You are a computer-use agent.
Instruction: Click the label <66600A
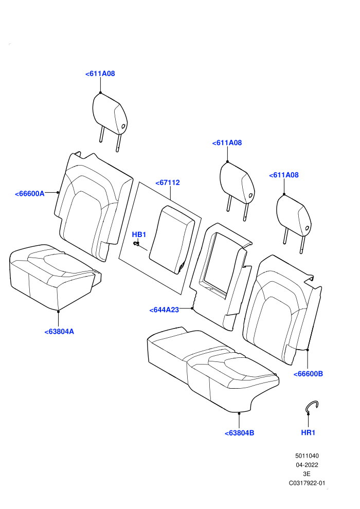29,193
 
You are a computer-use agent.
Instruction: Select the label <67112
168,183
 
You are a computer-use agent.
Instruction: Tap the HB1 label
139,234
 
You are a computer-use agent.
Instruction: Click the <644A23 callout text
164,310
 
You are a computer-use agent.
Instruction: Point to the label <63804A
59,332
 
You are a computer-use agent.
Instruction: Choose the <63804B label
240,433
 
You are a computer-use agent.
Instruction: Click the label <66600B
308,374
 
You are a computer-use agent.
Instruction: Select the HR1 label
308,432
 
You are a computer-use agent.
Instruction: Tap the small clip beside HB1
136,243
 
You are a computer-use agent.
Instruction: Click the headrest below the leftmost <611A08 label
110,121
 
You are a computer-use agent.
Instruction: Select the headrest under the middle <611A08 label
237,190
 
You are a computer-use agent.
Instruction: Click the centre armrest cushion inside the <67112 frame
172,240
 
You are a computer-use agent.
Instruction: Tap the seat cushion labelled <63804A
55,277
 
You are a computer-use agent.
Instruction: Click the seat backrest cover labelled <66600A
94,207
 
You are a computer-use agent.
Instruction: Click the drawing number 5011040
307,456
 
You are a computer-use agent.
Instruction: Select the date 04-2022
307,465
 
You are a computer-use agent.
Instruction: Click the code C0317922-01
307,483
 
